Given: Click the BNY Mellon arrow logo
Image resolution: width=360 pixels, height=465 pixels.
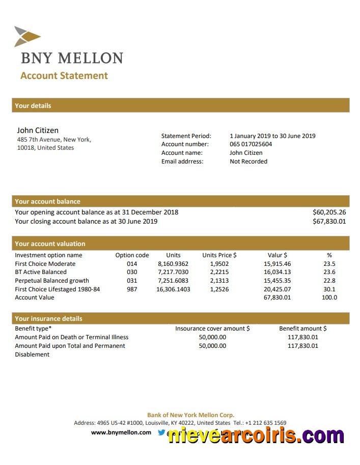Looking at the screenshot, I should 27,36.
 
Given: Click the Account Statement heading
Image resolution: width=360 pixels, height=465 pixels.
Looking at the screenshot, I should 64,76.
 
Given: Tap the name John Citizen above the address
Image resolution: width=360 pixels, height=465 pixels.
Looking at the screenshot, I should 38,130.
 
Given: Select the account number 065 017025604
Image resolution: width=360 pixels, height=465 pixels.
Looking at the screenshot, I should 251,144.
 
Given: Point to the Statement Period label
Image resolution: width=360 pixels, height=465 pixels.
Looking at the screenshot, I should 186,136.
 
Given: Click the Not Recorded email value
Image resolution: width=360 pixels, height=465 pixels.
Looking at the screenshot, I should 248,161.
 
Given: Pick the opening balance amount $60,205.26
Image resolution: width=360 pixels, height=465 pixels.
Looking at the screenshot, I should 329,212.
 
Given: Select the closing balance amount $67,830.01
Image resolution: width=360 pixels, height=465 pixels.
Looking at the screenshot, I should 329,222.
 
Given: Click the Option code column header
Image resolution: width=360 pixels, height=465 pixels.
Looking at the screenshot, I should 132,255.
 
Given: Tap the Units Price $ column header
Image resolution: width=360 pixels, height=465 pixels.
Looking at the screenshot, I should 219,255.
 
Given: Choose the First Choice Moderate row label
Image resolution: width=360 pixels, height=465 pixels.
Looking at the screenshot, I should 45,264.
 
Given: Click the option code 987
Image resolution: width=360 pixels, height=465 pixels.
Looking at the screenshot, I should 132,289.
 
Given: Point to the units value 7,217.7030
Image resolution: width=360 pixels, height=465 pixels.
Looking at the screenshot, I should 173,272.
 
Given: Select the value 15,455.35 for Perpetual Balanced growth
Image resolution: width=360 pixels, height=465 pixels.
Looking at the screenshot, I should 277,281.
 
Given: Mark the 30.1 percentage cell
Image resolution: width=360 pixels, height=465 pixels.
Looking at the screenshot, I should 329,289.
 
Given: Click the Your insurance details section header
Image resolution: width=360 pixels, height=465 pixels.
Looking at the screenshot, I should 48,319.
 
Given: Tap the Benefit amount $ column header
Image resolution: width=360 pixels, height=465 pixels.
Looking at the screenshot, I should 303,329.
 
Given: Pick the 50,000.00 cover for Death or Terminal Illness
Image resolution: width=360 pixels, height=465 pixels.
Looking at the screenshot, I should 212,337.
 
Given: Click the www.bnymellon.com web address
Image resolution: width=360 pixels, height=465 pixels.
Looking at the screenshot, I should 121,432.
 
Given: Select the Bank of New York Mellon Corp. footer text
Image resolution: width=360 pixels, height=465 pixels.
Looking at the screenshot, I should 190,415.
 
